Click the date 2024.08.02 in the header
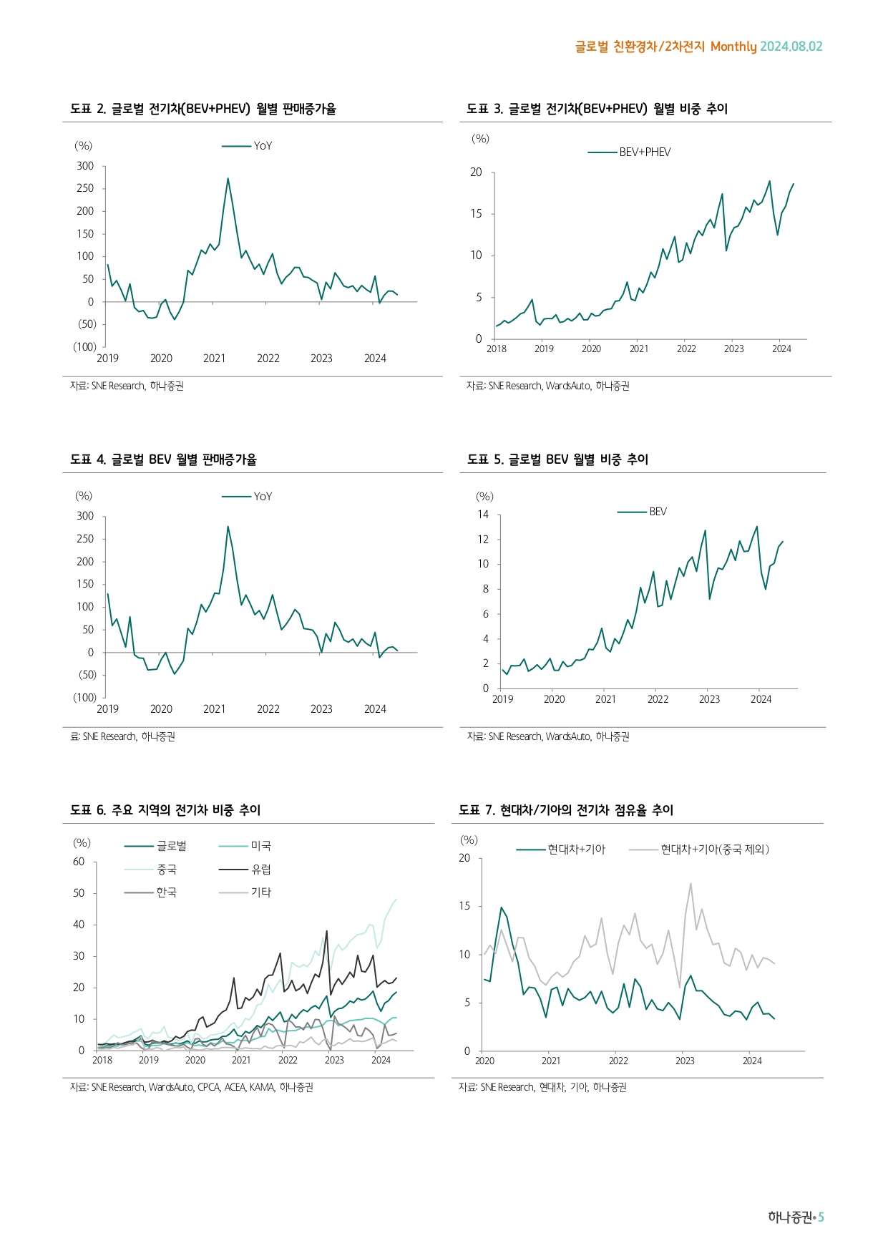pos(791,47)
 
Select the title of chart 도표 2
pos(203,109)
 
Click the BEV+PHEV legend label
pos(645,152)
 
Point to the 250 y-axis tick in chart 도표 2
pos(85,188)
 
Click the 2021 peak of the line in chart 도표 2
pos(228,179)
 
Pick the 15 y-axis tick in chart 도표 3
pos(476,214)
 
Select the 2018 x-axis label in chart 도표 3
pos(496,349)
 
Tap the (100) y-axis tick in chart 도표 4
pos(84,698)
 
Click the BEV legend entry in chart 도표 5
pos(658,512)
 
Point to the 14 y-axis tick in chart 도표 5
pos(484,515)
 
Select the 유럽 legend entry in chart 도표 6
pos(261,870)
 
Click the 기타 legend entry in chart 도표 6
pos(261,892)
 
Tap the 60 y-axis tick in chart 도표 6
pos(79,862)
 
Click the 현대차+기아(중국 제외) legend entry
pos(714,849)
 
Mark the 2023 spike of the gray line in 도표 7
pos(691,884)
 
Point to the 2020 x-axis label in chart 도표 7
pos(484,1061)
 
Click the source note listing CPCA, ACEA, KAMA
pos(192,1088)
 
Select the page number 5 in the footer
pos(821,1217)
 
